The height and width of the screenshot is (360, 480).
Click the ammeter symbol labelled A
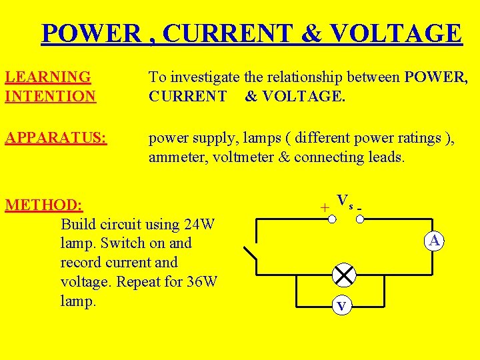(x=435, y=241)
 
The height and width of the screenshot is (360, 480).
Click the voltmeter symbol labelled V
(x=341, y=306)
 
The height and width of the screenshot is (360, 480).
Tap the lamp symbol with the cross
(x=345, y=275)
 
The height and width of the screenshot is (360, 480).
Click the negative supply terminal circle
(x=359, y=218)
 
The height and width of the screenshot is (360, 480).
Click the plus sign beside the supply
(x=324, y=208)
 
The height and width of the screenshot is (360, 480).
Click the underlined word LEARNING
(x=48, y=78)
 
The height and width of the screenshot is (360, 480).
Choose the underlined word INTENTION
(x=51, y=96)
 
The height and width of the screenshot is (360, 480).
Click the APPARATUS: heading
(x=56, y=139)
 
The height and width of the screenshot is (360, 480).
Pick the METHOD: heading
(x=44, y=204)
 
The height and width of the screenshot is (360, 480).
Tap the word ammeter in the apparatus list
(x=179, y=157)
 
